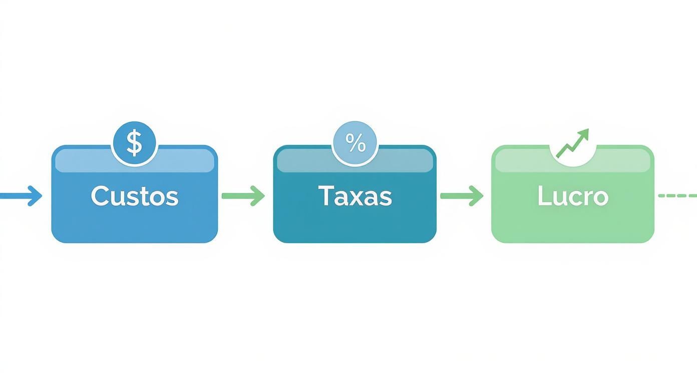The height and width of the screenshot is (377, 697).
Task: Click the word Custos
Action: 134,196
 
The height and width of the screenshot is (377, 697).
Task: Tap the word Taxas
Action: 355,196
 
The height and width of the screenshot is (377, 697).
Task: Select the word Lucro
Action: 573,196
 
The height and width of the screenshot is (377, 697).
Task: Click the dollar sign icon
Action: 134,143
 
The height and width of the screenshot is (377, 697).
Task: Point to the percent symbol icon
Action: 355,144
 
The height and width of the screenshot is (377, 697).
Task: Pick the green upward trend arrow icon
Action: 573,143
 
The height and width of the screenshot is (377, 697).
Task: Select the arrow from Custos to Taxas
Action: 243,196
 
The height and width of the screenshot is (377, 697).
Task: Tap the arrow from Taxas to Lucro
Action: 461,196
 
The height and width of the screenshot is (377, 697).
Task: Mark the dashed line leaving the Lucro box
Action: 677,196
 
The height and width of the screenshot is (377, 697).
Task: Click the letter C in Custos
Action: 99,196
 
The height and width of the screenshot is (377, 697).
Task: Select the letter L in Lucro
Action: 544,196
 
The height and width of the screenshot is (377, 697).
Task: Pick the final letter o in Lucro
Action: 600,198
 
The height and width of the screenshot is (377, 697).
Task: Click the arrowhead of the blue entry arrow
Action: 36,196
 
